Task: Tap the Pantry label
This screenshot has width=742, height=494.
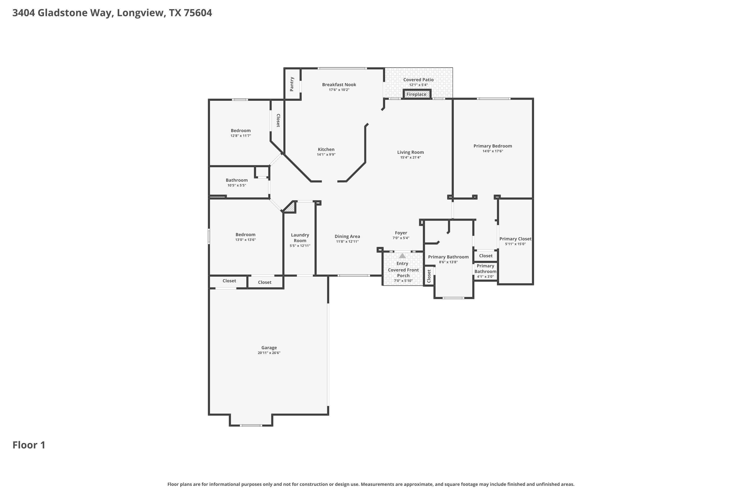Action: pos(292,84)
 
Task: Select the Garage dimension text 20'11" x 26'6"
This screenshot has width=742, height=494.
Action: pos(269,353)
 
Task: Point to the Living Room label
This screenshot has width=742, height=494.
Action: pos(410,152)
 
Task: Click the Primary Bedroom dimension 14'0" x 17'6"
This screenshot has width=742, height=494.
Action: pos(492,151)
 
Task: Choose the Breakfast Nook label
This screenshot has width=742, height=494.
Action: pos(339,84)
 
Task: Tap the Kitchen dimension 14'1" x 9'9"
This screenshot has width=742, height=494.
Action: pos(326,155)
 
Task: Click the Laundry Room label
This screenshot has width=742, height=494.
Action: pos(300,238)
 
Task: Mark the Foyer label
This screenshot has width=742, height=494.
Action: pos(401,233)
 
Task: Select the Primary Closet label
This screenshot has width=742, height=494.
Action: pos(515,239)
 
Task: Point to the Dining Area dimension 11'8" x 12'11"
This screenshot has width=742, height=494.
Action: pos(347,242)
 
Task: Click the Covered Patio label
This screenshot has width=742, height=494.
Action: pos(418,80)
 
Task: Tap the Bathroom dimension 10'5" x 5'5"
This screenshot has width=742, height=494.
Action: pos(237,185)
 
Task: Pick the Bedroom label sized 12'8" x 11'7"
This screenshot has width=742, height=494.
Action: pos(241,130)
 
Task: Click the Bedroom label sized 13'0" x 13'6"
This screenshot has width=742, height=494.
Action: pos(245,234)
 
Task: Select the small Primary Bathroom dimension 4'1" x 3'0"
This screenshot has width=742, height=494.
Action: pos(485,277)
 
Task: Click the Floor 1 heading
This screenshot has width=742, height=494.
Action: pos(29,445)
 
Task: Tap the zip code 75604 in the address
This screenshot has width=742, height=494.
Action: pos(198,13)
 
